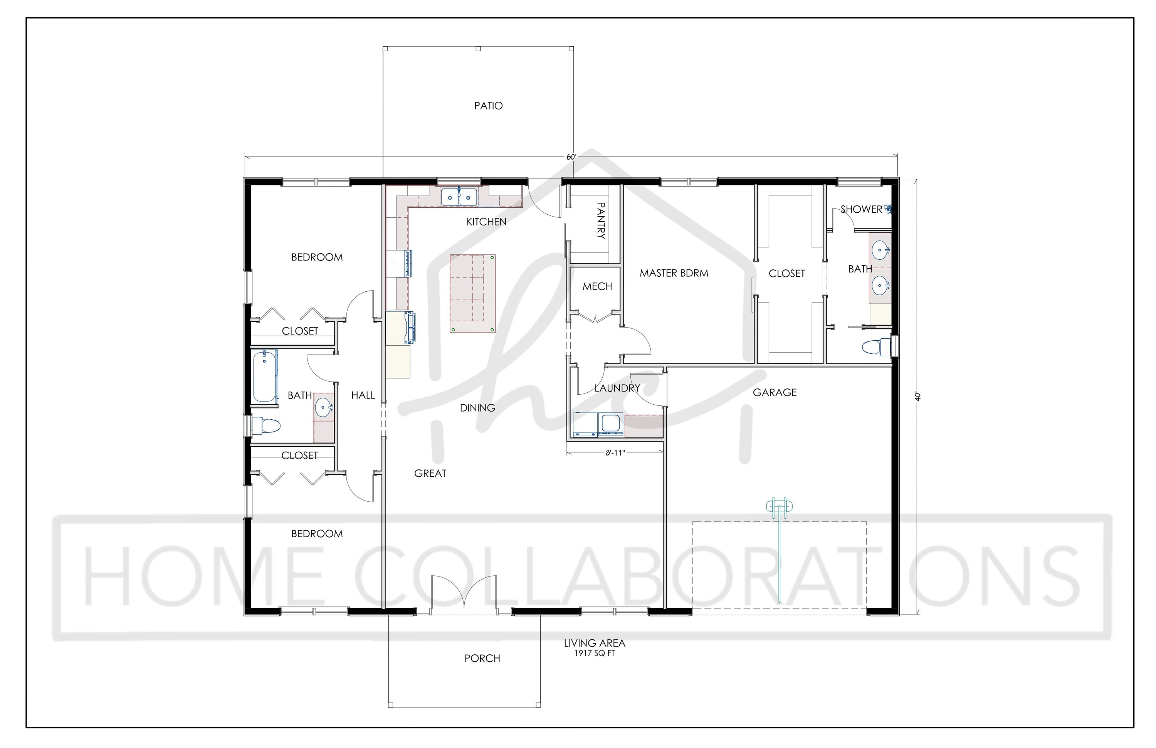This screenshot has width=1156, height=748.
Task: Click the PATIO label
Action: (488, 106)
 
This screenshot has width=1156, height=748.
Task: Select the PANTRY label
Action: (601, 220)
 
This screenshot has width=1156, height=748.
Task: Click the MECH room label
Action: (597, 287)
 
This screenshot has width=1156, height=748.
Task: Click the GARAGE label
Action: (775, 392)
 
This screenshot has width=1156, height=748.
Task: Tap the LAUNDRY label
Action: (617, 388)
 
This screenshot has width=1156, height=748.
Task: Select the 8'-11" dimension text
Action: (615, 453)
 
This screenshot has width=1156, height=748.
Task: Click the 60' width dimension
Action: (571, 157)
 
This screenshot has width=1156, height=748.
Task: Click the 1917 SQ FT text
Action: (595, 653)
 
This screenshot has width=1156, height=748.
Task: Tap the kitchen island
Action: (472, 294)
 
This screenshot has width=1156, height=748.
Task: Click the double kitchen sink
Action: (459, 197)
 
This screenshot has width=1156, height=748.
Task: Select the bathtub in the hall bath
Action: (264, 377)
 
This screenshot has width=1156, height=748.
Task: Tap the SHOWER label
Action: (861, 209)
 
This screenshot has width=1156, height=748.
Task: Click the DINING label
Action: (477, 408)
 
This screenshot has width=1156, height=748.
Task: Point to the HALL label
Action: (363, 395)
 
